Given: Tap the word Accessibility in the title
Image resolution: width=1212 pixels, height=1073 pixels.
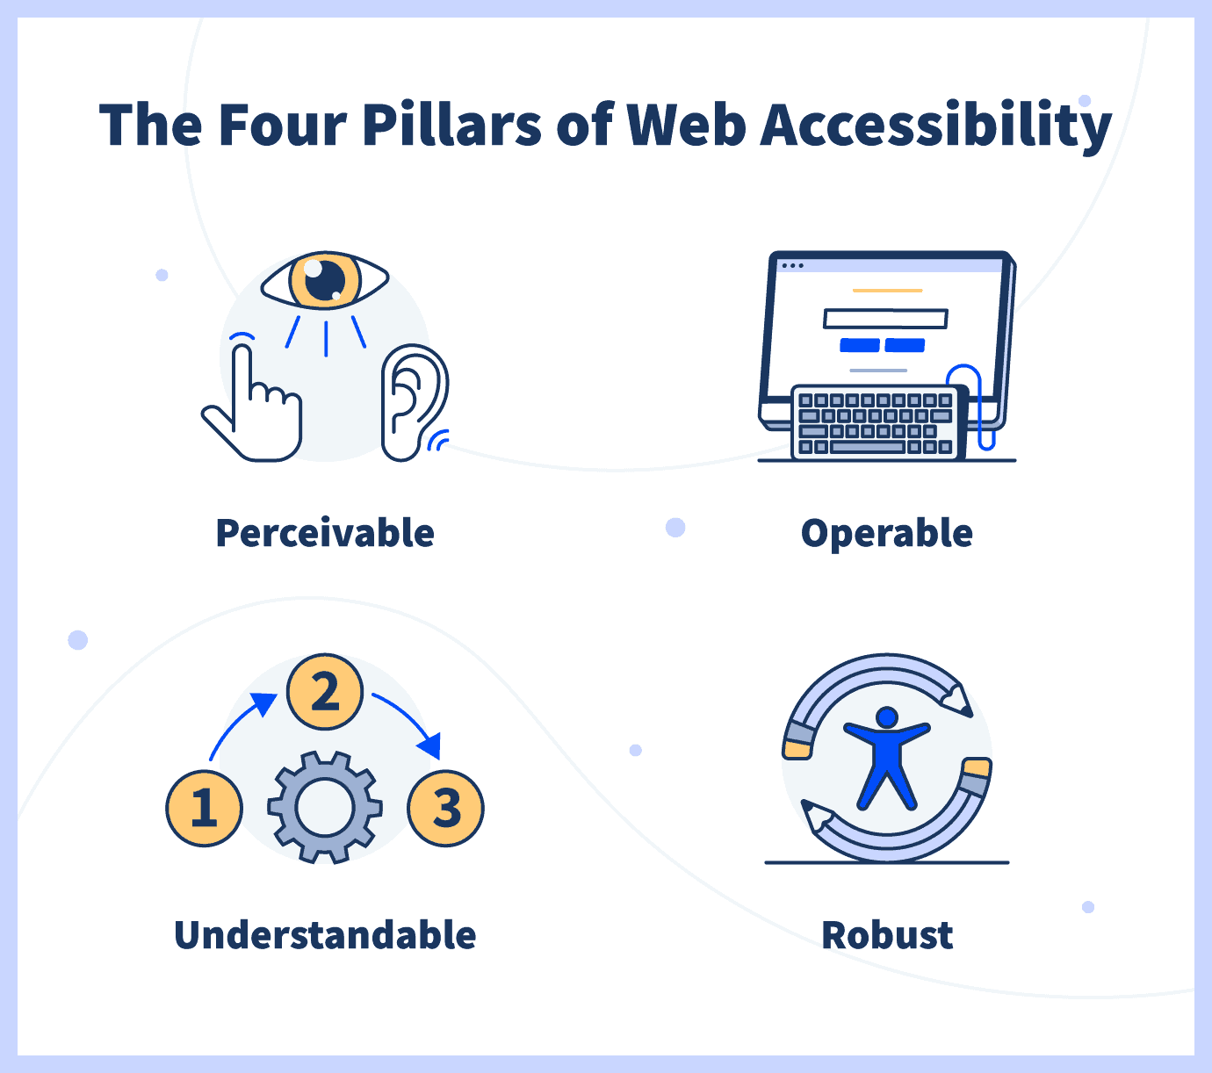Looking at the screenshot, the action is click(x=935, y=126).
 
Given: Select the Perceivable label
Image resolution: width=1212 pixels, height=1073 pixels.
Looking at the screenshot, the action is click(x=325, y=533).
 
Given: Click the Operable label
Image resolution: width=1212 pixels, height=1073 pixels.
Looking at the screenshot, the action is click(x=886, y=534).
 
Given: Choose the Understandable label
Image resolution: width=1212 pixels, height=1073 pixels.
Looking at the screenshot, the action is click(x=325, y=935).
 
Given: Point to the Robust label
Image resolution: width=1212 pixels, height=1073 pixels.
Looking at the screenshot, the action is click(x=887, y=935).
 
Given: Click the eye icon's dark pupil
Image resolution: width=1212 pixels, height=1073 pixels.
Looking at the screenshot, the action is click(x=325, y=279).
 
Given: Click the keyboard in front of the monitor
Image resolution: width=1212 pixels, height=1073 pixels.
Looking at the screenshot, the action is click(x=877, y=423).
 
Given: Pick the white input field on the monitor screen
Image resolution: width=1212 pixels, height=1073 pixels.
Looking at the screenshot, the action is click(x=885, y=319).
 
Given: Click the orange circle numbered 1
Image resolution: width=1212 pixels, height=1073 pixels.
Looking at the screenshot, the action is click(x=204, y=808).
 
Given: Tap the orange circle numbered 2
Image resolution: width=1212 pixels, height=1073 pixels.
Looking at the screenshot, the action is click(x=325, y=691).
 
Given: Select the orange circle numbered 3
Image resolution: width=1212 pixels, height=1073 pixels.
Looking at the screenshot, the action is click(x=445, y=808).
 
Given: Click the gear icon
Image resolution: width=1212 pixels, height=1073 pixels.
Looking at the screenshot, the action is click(x=325, y=808).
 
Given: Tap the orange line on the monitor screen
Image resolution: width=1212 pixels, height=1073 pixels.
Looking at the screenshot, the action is click(x=887, y=291).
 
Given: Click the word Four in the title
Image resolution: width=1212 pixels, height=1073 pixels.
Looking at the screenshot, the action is click(x=283, y=125).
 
